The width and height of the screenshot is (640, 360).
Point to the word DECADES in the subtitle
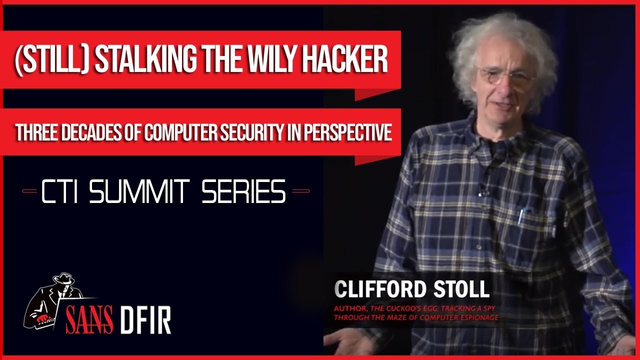[x=92, y=132]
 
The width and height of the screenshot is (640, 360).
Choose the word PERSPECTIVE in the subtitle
[x=347, y=132]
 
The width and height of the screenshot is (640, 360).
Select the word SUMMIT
[x=139, y=191]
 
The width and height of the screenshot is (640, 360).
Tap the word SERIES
[x=243, y=191]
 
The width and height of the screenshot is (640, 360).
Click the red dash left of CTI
[x=29, y=191]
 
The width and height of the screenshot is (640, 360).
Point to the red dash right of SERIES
[x=300, y=191]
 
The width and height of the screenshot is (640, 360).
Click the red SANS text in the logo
[x=89, y=319]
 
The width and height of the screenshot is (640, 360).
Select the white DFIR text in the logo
[x=145, y=320]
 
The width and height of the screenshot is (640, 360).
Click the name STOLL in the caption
[x=461, y=289]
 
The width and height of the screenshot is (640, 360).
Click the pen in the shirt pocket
[x=521, y=216]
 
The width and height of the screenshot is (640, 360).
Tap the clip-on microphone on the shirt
[x=482, y=191]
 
